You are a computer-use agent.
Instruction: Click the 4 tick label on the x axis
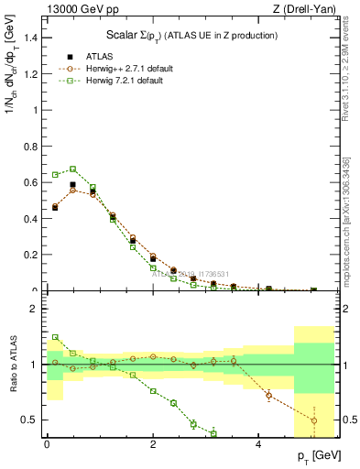pos(259,444)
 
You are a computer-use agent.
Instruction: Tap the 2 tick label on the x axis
pos(153,444)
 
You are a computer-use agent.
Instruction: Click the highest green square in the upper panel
pos(72,169)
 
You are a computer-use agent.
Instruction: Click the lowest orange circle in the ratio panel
pos(314,421)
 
